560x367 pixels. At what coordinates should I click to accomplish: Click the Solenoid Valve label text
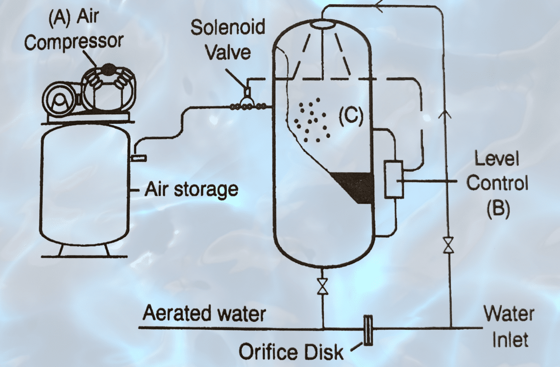coord(227,39)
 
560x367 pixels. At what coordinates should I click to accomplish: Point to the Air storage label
coord(191,189)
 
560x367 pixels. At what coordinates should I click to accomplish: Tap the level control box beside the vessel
coord(393,179)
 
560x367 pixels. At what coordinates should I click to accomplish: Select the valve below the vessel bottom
coord(323,286)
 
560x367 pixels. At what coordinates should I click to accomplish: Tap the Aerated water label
coord(204,313)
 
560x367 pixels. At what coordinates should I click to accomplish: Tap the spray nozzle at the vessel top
coord(322,23)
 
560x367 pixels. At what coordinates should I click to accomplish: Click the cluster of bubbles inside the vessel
coord(311,120)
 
